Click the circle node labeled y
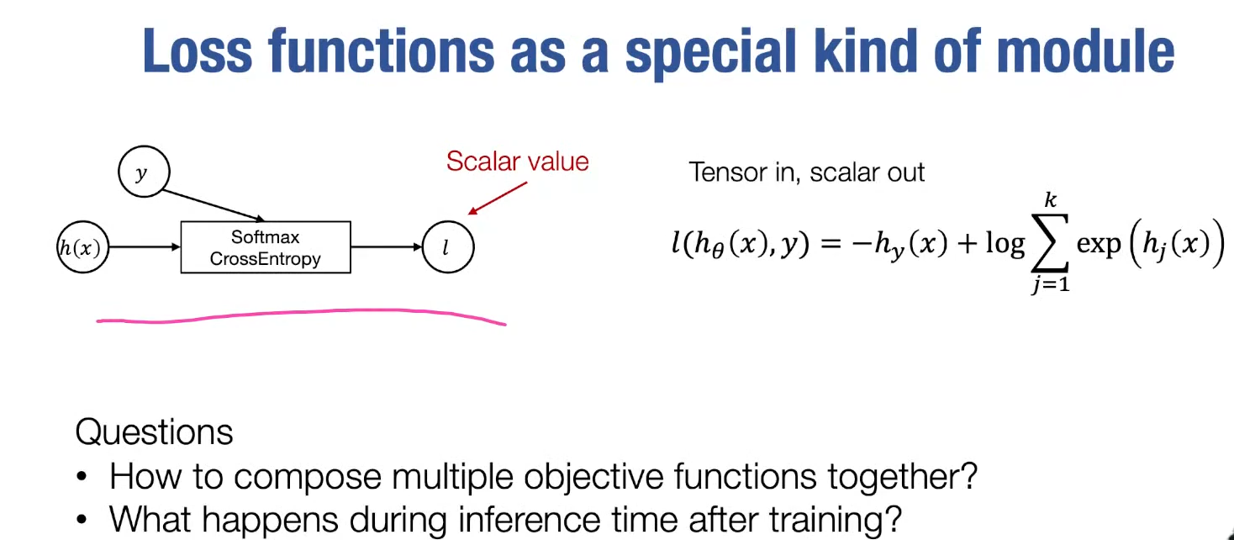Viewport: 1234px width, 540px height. tap(145, 172)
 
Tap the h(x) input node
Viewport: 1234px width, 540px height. tap(82, 247)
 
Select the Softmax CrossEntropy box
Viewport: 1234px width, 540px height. tap(266, 247)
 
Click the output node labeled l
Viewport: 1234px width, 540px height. tap(447, 247)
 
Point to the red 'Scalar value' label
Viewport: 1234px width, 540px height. tap(517, 161)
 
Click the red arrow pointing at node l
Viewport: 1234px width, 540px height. tap(498, 199)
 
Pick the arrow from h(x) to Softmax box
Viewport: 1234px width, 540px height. tap(145, 247)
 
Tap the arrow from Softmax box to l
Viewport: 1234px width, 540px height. tap(386, 247)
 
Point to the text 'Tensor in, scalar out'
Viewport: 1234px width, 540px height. tap(806, 172)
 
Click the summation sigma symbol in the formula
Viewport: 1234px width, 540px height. tap(1051, 244)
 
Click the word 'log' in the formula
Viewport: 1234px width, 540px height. tap(1005, 244)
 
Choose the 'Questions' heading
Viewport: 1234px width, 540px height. tap(154, 431)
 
